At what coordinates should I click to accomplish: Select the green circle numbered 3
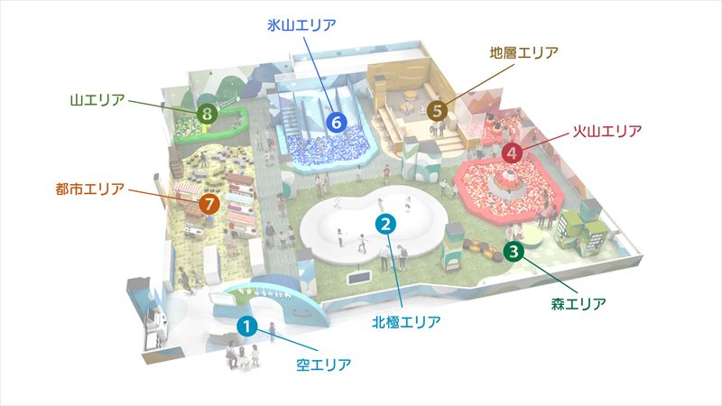click(x=514, y=252)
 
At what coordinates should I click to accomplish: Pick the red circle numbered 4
click(x=512, y=152)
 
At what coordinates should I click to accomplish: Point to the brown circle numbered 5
click(x=437, y=111)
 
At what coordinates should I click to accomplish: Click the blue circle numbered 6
click(x=337, y=121)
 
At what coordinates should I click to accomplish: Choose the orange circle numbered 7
click(x=209, y=204)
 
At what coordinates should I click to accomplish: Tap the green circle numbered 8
click(x=208, y=113)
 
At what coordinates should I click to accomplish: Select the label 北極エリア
click(x=406, y=321)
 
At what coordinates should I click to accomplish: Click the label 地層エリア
click(x=523, y=52)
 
